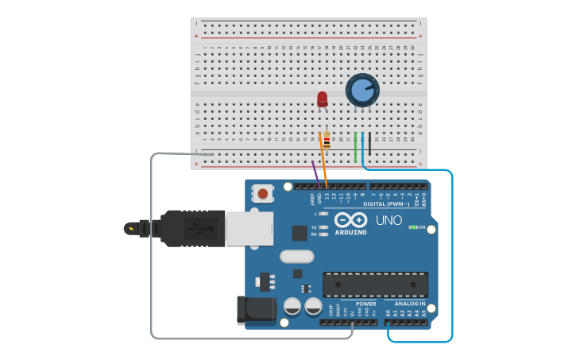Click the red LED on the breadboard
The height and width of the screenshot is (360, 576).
pyautogui.click(x=322, y=99)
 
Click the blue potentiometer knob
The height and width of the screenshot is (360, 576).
pyautogui.click(x=362, y=90)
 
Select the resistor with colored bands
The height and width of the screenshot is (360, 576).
pyautogui.click(x=327, y=140)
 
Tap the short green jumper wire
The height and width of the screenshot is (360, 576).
pyautogui.click(x=355, y=147)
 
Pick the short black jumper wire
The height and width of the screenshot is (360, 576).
pyautogui.click(x=369, y=143)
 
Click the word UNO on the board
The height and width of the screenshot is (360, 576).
pyautogui.click(x=389, y=220)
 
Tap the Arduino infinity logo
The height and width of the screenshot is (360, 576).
pyautogui.click(x=350, y=219)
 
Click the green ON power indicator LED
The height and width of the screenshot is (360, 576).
pyautogui.click(x=412, y=227)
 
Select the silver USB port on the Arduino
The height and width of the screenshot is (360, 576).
pyautogui.click(x=249, y=228)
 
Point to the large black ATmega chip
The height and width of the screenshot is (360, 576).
pyautogui.click(x=375, y=285)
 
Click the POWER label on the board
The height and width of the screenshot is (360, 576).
pyautogui.click(x=366, y=304)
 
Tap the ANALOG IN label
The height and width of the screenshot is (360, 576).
pyautogui.click(x=411, y=304)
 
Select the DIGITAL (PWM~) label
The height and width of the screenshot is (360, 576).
pyautogui.click(x=386, y=204)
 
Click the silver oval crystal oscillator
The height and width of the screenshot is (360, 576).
pyautogui.click(x=296, y=257)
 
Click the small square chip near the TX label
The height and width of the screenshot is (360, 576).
pyautogui.click(x=300, y=232)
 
